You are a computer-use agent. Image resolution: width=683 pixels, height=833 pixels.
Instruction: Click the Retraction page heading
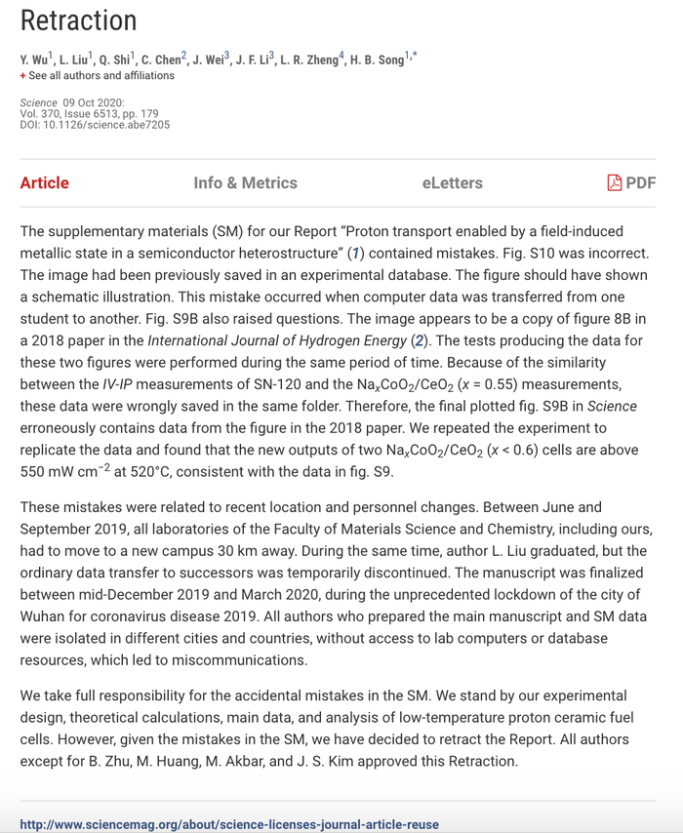point(78,20)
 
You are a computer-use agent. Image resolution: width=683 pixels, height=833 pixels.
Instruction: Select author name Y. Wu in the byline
point(36,59)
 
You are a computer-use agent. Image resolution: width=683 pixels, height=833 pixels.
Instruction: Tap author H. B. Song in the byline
point(375,59)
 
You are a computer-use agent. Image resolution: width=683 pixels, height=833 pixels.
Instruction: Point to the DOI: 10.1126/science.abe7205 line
point(95,124)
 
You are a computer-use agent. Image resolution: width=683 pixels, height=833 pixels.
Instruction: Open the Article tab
point(44,182)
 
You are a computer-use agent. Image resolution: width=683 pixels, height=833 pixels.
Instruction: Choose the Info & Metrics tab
point(245,182)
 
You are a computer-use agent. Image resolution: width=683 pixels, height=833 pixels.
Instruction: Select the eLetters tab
point(452,182)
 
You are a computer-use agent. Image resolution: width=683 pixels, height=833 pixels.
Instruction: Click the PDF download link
point(640,182)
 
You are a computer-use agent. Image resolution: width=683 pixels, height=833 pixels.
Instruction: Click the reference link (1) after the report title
point(358,254)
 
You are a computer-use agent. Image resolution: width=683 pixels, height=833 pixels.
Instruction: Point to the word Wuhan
point(43,616)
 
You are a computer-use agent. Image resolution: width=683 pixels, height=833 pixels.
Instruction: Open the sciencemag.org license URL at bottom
point(229,824)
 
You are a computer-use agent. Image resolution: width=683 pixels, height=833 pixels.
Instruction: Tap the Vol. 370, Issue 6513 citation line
point(88,113)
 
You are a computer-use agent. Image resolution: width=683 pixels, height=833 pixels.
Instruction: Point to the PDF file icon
point(614,182)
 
